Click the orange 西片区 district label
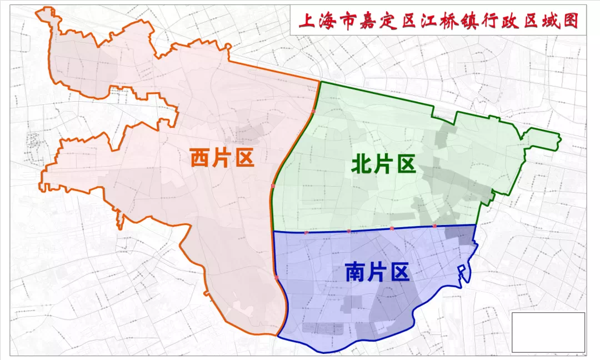coord(222,158)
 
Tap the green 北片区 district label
coord(383,164)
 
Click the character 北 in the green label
coord(362,164)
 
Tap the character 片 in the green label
coord(383,164)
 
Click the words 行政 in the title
coord(496,22)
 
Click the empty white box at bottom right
coord(548,332)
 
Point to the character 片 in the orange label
coord(222,158)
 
